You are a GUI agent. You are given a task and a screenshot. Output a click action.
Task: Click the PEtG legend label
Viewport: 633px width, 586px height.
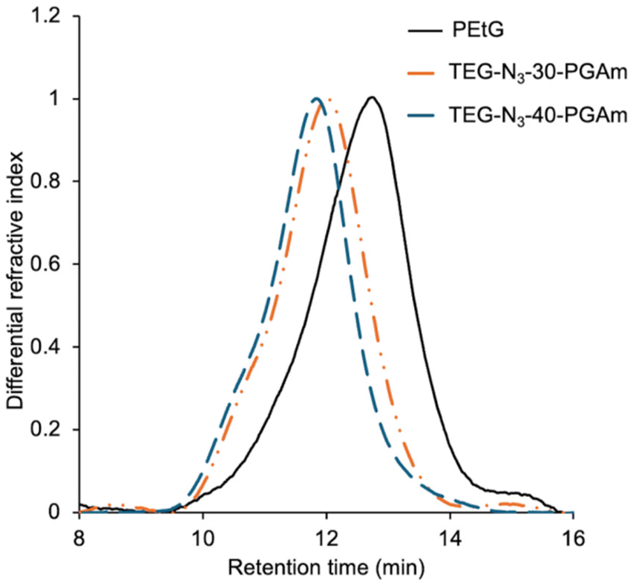[471, 31]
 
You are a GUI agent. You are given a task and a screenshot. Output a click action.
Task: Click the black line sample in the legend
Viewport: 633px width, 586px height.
[423, 31]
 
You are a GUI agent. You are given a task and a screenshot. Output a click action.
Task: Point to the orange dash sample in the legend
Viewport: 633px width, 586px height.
[423, 73]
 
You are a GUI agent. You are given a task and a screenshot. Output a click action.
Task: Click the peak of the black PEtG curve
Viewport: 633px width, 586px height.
[372, 97]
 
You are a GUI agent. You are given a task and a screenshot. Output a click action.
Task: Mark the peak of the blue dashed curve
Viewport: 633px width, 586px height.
[317, 98]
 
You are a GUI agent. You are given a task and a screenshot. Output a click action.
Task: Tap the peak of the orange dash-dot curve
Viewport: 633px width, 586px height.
[324, 99]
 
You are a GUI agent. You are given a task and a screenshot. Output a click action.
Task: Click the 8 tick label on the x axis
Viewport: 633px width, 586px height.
[79, 536]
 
